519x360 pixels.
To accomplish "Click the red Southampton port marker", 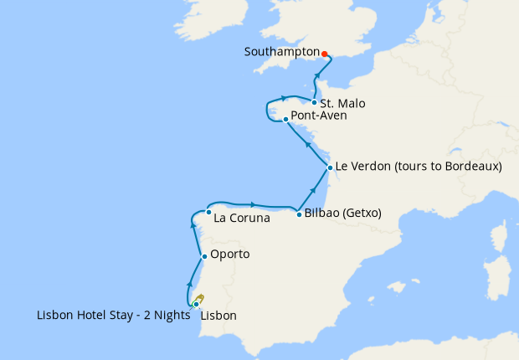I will coord(325,52).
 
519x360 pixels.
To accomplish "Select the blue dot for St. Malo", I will coord(314,103).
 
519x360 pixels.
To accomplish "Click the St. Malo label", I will coord(342,104).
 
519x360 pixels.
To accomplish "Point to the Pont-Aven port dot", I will coord(285,119).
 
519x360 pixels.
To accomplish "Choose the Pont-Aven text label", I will coord(319,116).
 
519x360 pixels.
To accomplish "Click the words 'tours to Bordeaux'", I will coord(444,167).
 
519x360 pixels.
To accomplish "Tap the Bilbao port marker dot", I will coord(299,214).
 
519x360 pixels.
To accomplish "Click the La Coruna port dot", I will coord(208,212).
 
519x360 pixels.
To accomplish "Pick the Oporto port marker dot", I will coord(203,255).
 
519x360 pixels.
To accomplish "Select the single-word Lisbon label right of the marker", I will coord(218,316).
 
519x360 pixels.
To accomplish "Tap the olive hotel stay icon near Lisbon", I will coord(200,299).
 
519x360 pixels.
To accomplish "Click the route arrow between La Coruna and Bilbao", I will coord(252,203).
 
